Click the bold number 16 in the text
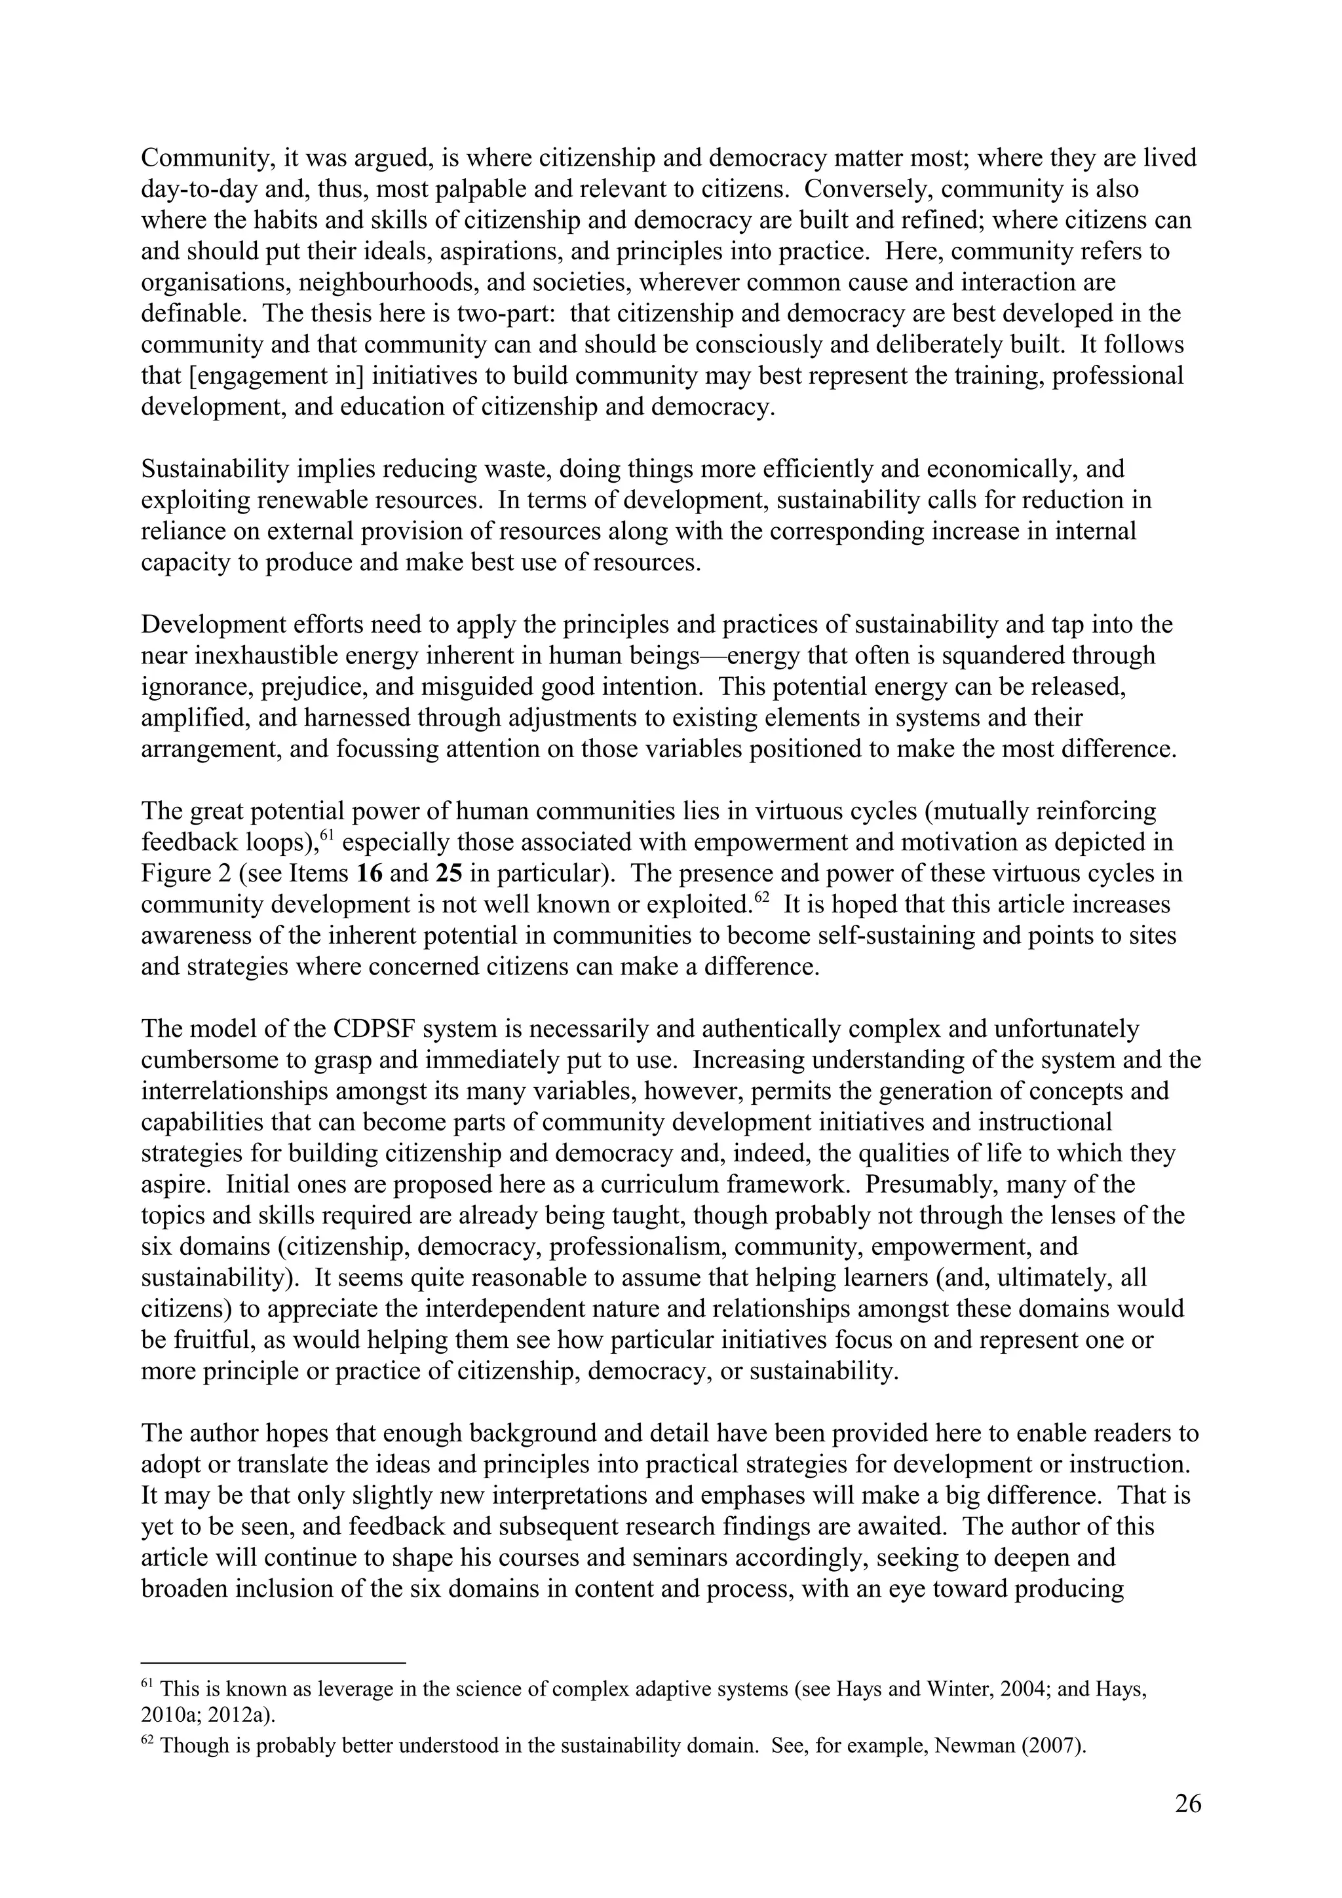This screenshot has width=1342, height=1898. (368, 874)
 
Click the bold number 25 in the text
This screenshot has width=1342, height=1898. (448, 874)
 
